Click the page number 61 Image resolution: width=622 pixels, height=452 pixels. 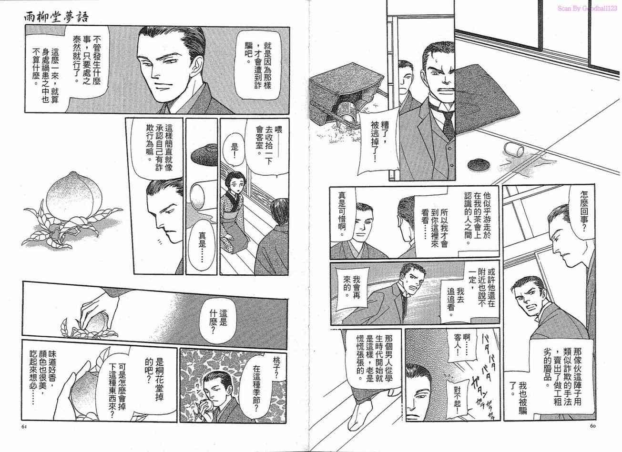point(24,434)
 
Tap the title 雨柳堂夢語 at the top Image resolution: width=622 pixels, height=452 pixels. point(56,18)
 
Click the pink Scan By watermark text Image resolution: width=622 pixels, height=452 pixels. point(586,9)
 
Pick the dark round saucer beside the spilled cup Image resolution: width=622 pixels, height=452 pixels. point(479,164)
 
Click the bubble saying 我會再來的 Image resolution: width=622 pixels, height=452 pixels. point(352,289)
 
